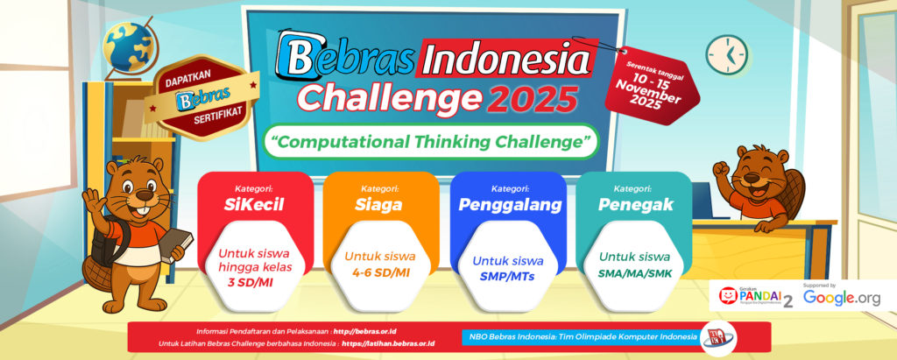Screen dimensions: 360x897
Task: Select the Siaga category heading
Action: pos(381,204)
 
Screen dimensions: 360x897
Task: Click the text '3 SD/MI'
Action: pos(255,281)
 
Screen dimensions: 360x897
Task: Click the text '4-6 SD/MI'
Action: pos(381,272)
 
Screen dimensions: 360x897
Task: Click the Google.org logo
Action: pos(842,298)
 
